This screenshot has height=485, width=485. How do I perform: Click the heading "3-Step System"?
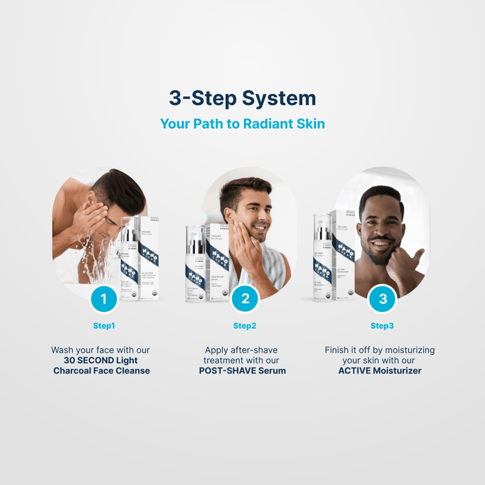click(242, 98)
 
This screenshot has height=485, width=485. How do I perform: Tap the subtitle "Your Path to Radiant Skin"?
click(242, 124)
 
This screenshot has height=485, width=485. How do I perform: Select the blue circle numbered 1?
click(104, 299)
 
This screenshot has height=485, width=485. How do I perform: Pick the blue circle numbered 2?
click(245, 299)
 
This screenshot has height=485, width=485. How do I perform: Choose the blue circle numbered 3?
click(382, 299)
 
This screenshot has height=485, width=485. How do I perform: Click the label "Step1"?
click(104, 326)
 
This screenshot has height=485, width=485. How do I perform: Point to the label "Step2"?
click(245, 326)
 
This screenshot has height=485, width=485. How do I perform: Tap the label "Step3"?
click(382, 326)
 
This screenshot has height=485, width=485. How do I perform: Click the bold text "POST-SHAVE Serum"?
click(242, 371)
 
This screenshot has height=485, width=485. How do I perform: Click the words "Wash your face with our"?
click(101, 350)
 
